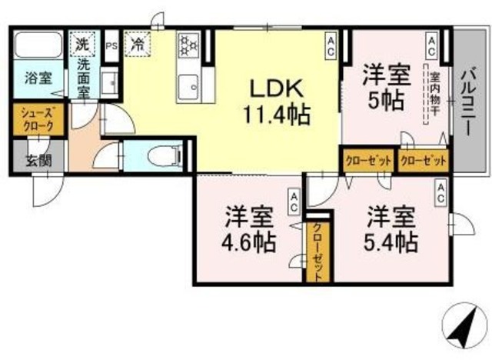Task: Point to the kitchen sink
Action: [187, 85]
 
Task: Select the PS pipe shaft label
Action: [111, 45]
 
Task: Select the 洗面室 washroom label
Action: [83, 76]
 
